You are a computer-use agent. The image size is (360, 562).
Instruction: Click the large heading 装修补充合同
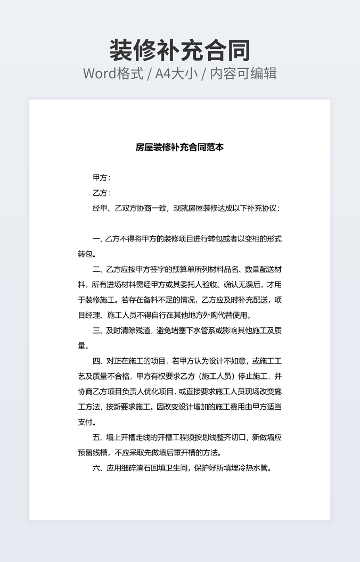click(x=180, y=51)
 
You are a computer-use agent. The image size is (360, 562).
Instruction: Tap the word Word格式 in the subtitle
click(x=113, y=73)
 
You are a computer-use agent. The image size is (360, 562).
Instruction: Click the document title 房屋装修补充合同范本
click(x=180, y=147)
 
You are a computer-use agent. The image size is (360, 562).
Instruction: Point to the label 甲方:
click(x=101, y=178)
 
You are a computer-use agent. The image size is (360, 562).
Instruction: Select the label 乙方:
click(x=101, y=193)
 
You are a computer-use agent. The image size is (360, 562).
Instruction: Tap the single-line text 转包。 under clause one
click(x=87, y=254)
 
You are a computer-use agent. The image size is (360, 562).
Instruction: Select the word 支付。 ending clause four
click(x=87, y=423)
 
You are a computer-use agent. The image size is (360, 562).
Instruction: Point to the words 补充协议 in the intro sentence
click(x=257, y=208)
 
